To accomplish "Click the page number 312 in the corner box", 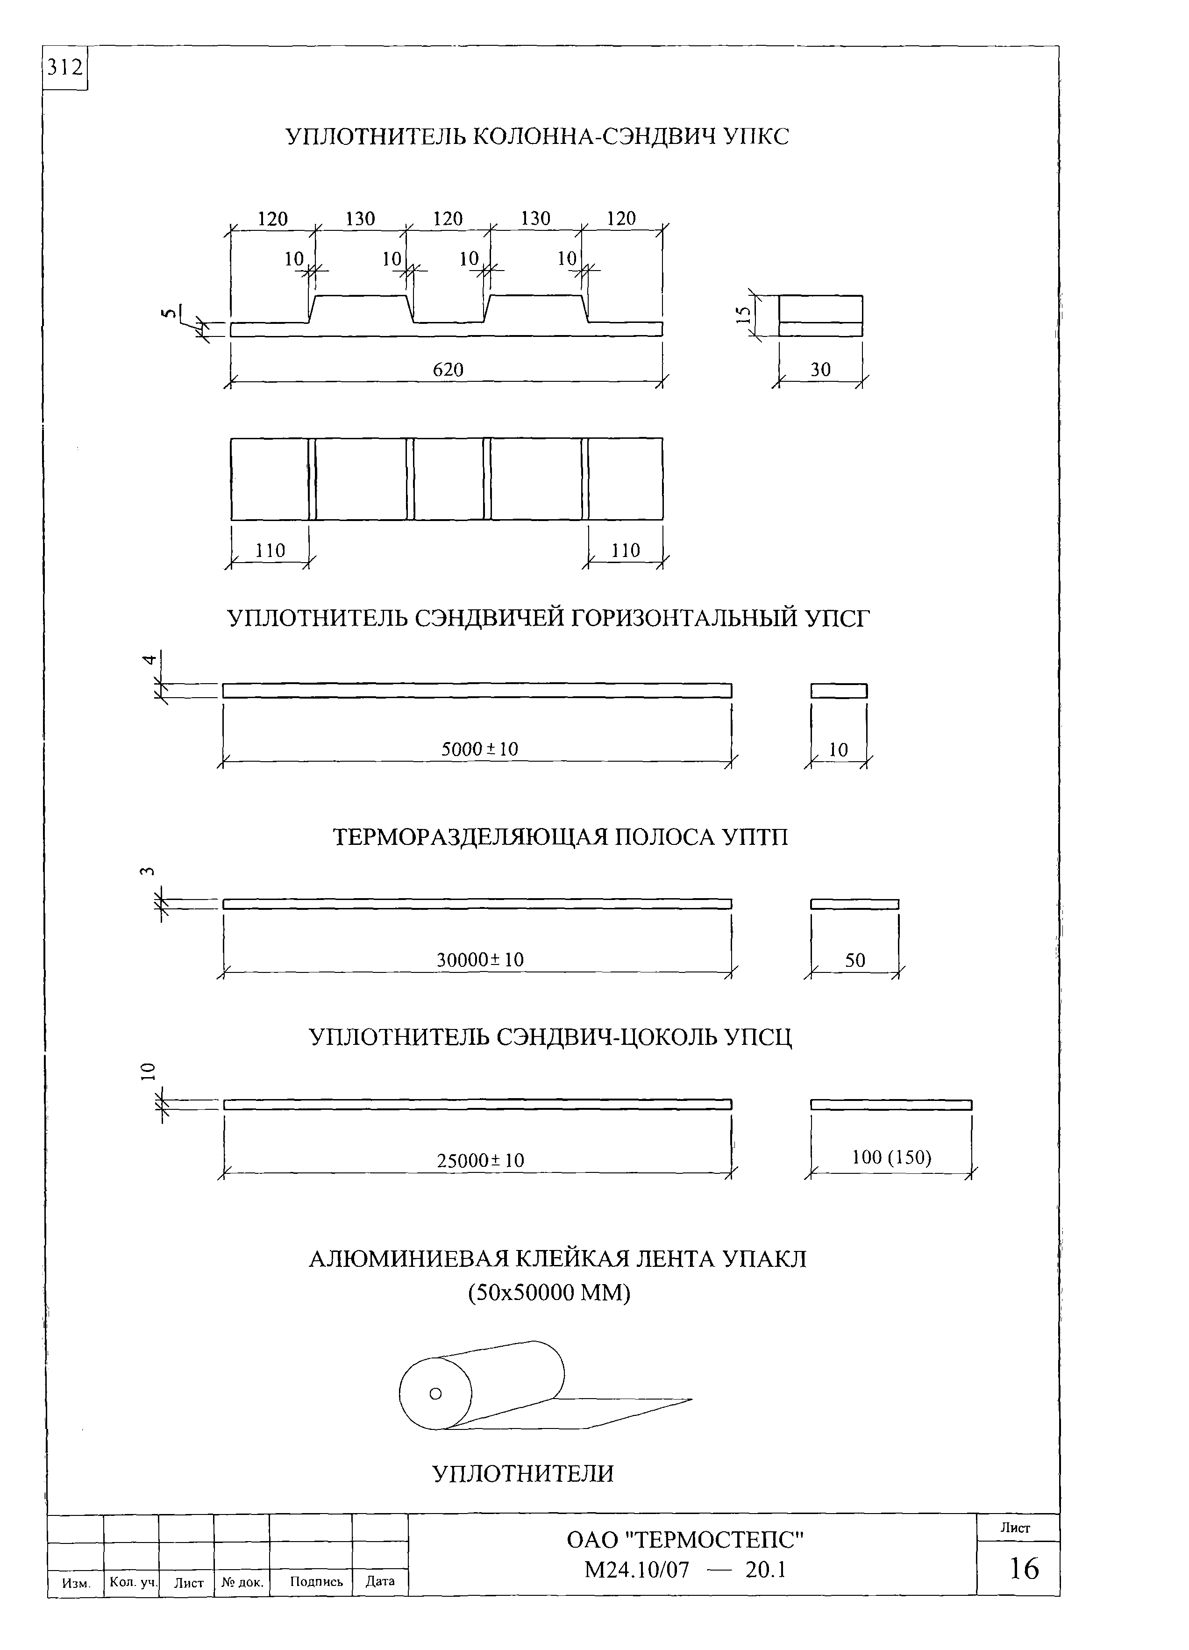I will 65,68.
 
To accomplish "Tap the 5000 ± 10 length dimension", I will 479,749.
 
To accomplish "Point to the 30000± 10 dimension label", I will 480,960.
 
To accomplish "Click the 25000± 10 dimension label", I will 480,1160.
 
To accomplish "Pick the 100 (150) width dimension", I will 891,1157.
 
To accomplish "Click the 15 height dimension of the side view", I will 742,315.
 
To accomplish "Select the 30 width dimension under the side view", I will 820,370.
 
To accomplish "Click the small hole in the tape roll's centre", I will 435,1394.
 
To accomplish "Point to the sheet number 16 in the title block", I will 1024,1569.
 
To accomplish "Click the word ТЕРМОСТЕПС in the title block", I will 714,1540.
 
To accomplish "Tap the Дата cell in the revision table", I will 380,1581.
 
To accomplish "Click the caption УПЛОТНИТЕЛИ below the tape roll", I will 523,1473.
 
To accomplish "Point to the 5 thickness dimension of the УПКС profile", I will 169,314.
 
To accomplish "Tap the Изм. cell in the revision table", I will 76,1582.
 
